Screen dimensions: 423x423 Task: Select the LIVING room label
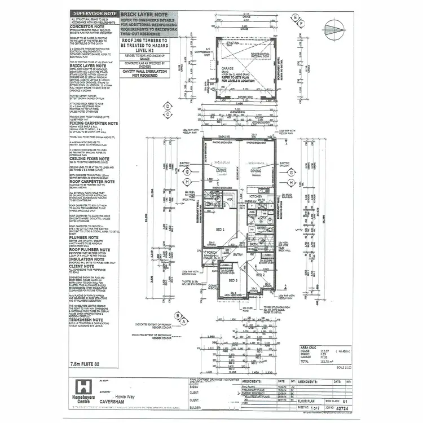tap(221, 169)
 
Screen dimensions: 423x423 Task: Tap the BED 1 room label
tap(220, 230)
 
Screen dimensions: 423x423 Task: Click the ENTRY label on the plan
tap(239, 254)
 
